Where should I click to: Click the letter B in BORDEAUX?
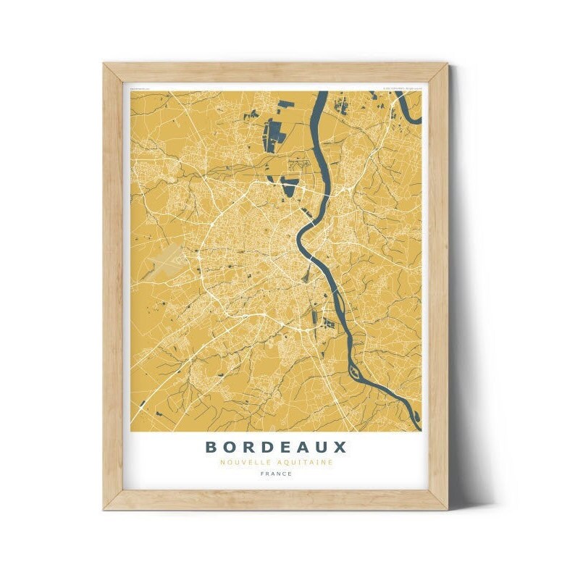point(211,447)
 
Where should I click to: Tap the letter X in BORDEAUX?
point(340,447)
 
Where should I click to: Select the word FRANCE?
point(276,474)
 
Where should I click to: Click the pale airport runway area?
point(168,259)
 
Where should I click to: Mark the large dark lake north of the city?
point(274,135)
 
